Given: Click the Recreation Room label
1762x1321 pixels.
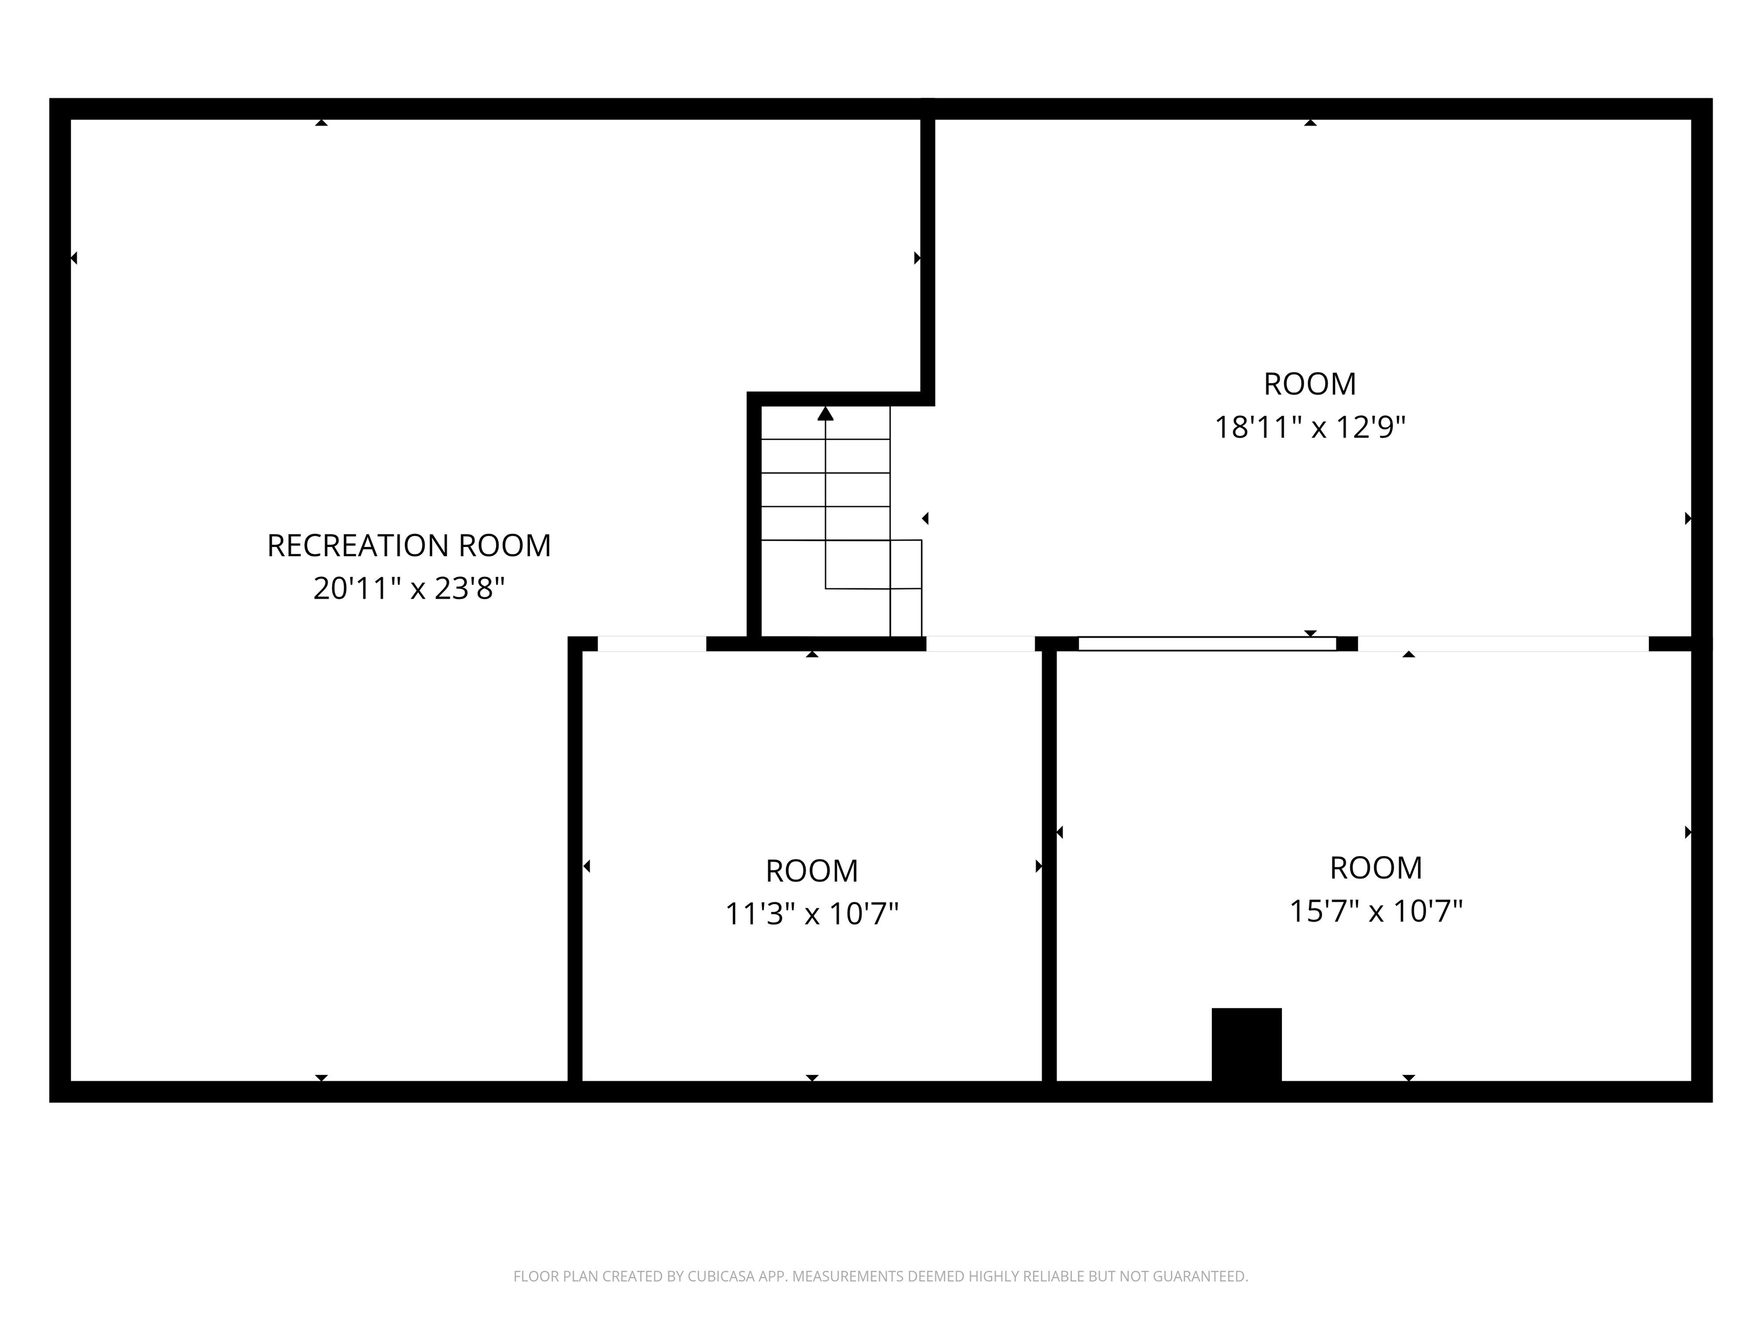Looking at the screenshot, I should (408, 545).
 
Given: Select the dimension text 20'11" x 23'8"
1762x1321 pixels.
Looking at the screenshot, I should (408, 588).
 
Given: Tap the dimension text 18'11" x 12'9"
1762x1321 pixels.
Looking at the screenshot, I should (1309, 428).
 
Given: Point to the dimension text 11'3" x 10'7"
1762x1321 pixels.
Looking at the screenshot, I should (812, 913).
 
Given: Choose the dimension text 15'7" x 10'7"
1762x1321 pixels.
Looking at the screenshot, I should (1375, 910).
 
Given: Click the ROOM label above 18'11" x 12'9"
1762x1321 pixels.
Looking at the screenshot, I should (1309, 384).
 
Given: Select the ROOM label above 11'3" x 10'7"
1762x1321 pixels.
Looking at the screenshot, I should (812, 870).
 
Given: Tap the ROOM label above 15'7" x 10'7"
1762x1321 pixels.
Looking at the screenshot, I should (1375, 867).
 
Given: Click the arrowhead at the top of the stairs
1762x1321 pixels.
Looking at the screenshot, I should (825, 414).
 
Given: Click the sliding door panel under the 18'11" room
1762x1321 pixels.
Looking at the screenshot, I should (1207, 643).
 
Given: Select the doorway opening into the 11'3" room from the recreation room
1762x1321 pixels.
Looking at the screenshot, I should (652, 643).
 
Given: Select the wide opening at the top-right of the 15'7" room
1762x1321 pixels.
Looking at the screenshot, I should (1503, 643).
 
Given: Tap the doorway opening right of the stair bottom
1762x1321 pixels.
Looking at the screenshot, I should (980, 643).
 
